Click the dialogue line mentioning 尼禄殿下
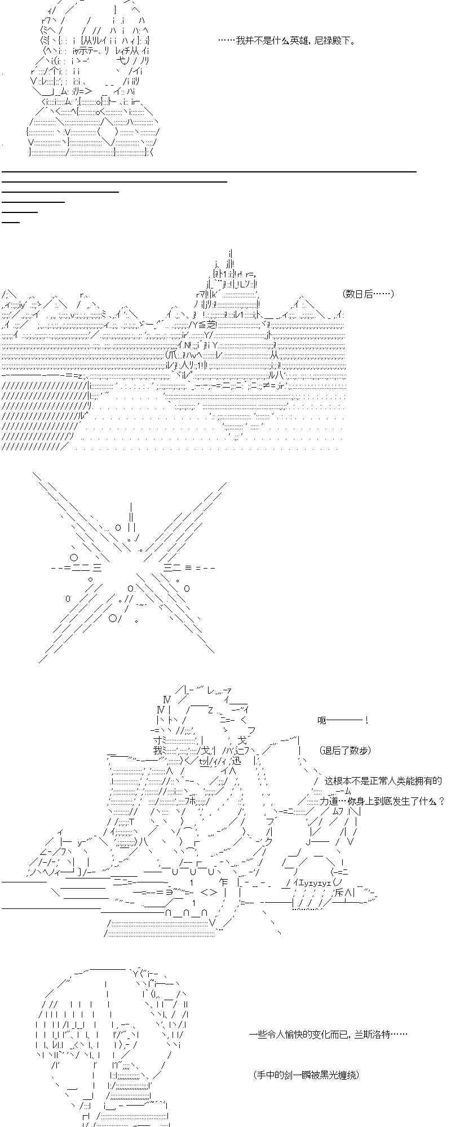(286, 41)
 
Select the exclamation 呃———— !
(343, 720)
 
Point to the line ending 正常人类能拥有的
(383, 781)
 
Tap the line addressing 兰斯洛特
(328, 1034)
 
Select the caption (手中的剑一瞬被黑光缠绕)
(306, 1075)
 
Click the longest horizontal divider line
(209, 171)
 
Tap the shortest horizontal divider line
(11, 222)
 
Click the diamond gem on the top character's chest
(107, 133)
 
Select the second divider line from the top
(114, 181)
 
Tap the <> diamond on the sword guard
(208, 892)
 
